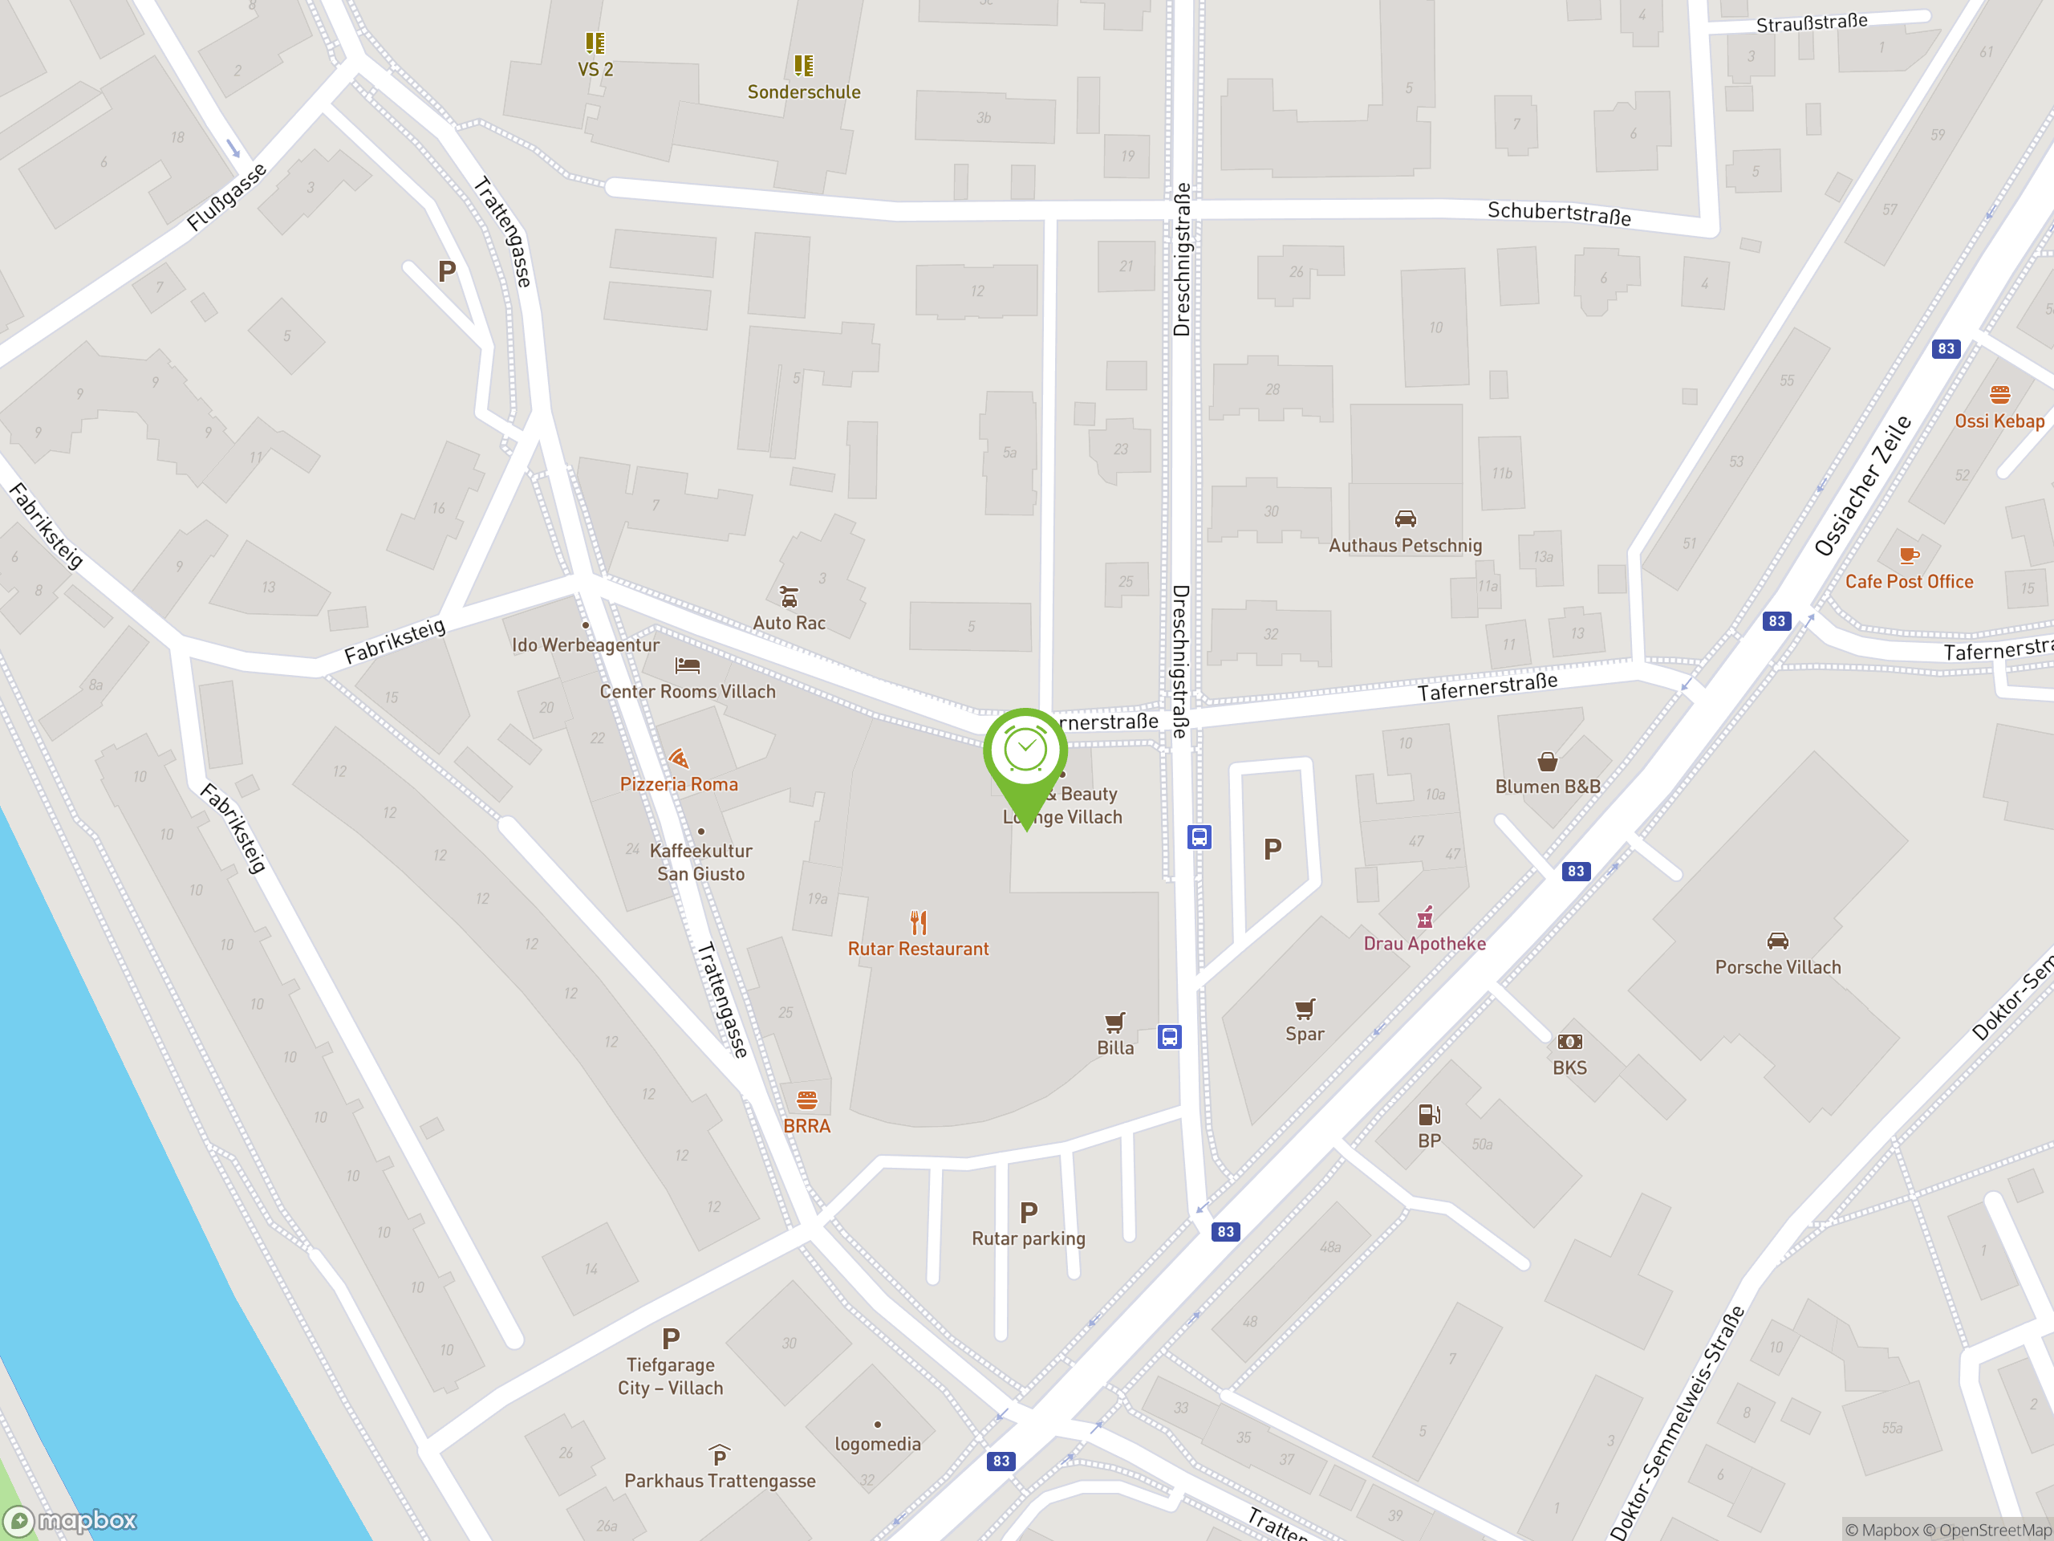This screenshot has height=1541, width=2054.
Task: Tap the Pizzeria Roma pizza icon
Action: [679, 758]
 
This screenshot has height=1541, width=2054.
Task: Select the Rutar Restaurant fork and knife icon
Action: [919, 921]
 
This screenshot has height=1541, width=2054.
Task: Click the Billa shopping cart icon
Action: [1115, 1022]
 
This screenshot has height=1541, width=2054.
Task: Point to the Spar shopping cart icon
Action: [1305, 1008]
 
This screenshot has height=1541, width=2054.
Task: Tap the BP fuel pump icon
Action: [1429, 1114]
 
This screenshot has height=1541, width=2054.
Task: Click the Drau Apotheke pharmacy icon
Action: [1424, 917]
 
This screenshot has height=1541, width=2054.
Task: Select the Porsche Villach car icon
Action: [1777, 941]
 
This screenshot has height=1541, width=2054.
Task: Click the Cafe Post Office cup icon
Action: [1908, 555]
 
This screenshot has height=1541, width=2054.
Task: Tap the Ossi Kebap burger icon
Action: [1999, 395]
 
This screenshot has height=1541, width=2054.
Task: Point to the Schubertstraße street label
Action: [1558, 213]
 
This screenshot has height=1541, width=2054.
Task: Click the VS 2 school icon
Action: [595, 43]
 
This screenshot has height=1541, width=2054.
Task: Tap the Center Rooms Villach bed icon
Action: [687, 665]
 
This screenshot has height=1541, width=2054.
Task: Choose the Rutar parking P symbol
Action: [1028, 1211]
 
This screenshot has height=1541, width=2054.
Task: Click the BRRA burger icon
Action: [807, 1100]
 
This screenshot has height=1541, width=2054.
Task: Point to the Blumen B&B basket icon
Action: [1547, 762]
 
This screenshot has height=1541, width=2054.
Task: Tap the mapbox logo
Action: [71, 1521]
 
